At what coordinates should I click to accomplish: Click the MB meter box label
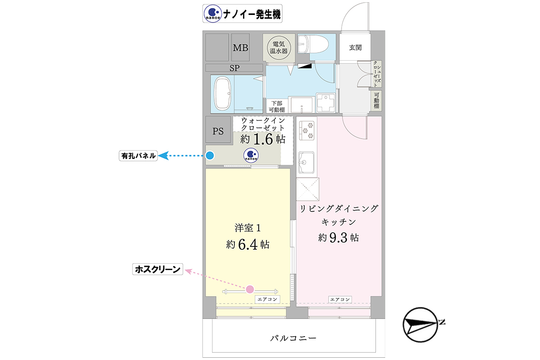[x=240, y=48]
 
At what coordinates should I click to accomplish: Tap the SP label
[x=234, y=68]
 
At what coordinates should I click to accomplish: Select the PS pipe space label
[x=218, y=131]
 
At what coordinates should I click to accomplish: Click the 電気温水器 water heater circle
[x=279, y=48]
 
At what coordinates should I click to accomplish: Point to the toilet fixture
[x=313, y=44]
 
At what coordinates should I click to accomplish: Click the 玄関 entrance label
[x=355, y=48]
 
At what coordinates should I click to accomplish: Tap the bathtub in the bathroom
[x=223, y=94]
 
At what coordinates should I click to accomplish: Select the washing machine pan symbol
[x=326, y=103]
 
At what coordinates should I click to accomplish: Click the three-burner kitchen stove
[x=307, y=130]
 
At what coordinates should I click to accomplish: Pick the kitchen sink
[x=306, y=162]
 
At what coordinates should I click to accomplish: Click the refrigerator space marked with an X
[x=308, y=189]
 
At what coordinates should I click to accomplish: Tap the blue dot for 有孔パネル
[x=210, y=155]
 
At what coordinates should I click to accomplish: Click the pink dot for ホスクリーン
[x=250, y=289]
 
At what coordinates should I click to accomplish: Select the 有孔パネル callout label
[x=138, y=156]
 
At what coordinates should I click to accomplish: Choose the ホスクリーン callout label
[x=157, y=269]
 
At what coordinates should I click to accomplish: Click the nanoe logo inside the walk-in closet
[x=251, y=155]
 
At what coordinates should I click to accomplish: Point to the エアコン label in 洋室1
[x=267, y=299]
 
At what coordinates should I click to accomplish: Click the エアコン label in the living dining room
[x=340, y=300]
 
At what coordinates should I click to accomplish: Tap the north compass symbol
[x=421, y=324]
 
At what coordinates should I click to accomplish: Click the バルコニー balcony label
[x=293, y=338]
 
